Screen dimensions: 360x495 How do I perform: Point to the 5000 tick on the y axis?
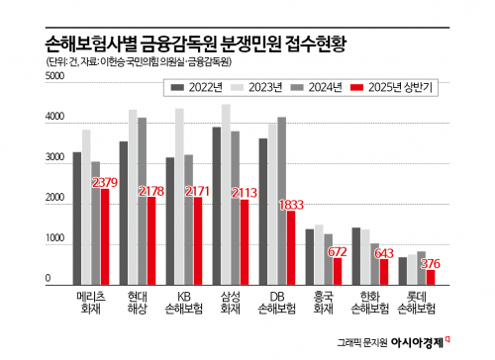54,103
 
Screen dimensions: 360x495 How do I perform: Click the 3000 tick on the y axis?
54,159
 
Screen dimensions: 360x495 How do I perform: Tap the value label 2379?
106,182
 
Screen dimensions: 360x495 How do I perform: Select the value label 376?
431,263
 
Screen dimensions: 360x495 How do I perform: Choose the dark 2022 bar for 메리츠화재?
76,218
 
